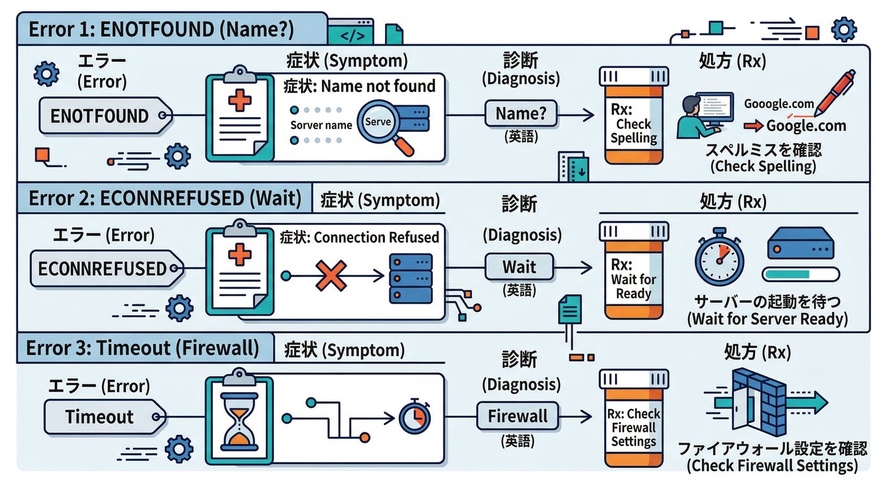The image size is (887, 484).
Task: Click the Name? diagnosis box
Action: coord(520,114)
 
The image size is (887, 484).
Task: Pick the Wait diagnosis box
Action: coord(518,267)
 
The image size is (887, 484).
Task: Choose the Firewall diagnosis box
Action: coord(517,417)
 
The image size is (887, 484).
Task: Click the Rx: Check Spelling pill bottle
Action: coord(632,117)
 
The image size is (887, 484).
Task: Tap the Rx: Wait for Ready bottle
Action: coord(632,271)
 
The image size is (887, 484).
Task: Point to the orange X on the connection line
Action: coord(331,275)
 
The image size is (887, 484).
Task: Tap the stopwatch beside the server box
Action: coord(719,258)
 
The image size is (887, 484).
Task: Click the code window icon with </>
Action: coord(352,34)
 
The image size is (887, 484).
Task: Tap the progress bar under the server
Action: coord(800,274)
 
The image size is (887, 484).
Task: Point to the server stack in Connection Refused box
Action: coord(411,277)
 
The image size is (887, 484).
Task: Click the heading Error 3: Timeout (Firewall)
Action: coord(142,348)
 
